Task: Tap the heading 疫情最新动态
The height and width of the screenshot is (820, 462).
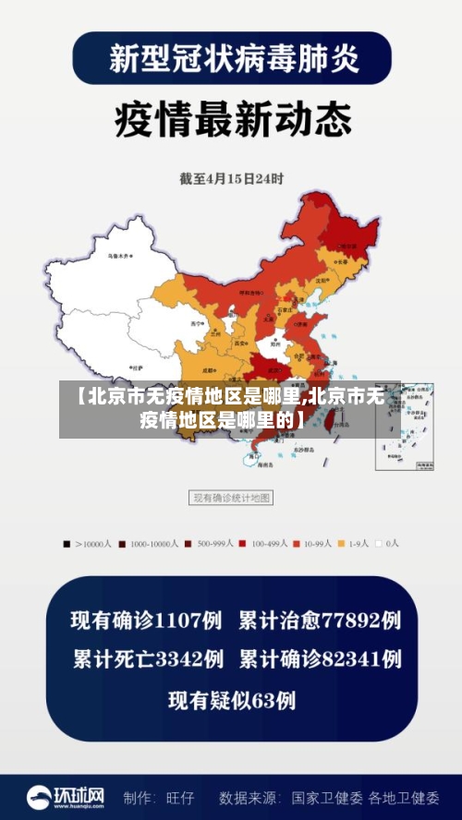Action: [x=232, y=119]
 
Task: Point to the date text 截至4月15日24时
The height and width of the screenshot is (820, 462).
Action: [x=231, y=177]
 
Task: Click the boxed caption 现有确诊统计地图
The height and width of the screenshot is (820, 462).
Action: [x=231, y=498]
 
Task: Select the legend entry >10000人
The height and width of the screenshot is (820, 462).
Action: [x=87, y=544]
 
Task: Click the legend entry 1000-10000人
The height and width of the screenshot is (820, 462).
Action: [x=148, y=544]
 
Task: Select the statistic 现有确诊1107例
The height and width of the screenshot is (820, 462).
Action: [x=147, y=620]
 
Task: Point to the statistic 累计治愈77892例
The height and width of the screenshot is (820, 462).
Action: [x=320, y=620]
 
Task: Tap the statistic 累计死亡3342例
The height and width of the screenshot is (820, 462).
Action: [x=147, y=659]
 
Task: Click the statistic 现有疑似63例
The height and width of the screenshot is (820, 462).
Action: [x=231, y=701]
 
